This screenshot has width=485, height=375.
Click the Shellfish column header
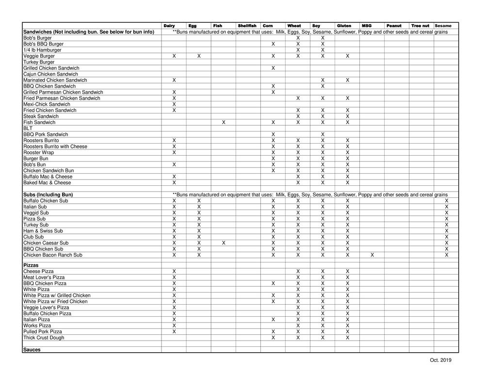(x=247, y=26)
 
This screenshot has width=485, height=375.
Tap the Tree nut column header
(x=420, y=26)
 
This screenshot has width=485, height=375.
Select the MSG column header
(x=367, y=26)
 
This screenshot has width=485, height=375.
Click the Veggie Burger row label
(x=39, y=56)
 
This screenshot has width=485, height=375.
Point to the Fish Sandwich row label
(x=39, y=123)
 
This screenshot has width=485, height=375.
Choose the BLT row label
(x=28, y=129)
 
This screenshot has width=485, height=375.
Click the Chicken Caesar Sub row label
(x=46, y=243)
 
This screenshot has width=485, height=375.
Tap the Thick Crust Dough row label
(x=43, y=338)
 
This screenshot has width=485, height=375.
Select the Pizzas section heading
(x=32, y=265)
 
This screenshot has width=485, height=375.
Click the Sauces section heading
(x=32, y=350)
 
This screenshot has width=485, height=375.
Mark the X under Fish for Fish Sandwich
(x=224, y=123)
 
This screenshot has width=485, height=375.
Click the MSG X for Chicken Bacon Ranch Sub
(x=372, y=255)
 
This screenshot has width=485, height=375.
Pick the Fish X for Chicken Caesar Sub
(x=224, y=243)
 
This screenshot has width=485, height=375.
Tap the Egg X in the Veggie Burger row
(x=199, y=56)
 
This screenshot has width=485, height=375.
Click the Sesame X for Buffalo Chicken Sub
(x=446, y=201)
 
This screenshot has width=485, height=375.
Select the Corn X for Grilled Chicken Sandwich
(x=273, y=68)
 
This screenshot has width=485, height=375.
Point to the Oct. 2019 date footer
(x=440, y=360)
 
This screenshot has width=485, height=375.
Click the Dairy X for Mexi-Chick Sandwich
(x=174, y=104)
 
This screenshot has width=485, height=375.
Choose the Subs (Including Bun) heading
(x=48, y=195)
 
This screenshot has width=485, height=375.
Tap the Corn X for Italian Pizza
(x=273, y=320)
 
